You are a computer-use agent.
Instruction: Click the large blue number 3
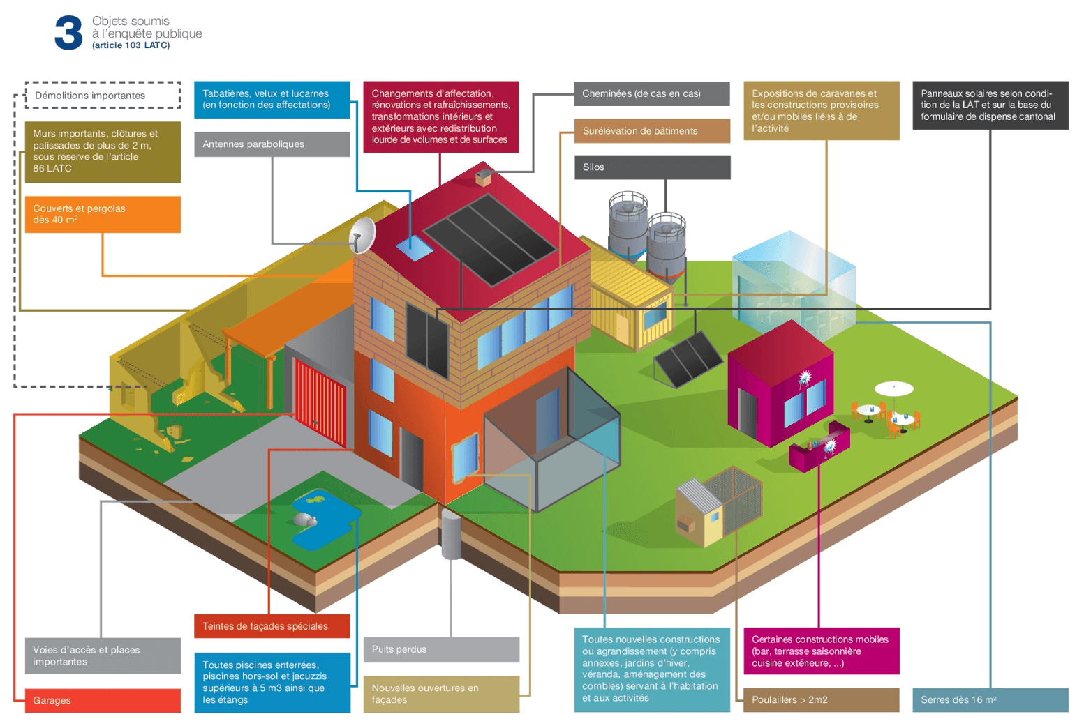[x=68, y=33]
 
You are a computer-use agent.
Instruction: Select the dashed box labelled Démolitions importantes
[x=103, y=96]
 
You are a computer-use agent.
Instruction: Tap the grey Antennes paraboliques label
[x=272, y=144]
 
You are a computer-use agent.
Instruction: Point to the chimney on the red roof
[x=483, y=177]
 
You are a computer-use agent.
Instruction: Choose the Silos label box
[x=652, y=167]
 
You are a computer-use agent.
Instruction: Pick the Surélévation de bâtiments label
[x=652, y=131]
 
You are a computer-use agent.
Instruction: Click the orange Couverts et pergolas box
[x=103, y=214]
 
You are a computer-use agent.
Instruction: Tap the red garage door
[x=320, y=400]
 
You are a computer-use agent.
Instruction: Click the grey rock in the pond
[x=305, y=519]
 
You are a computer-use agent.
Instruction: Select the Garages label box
[x=103, y=700]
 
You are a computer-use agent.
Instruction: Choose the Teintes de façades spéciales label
[x=272, y=626]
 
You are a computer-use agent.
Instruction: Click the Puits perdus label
[x=441, y=649]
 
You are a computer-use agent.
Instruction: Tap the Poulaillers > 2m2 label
[x=821, y=700]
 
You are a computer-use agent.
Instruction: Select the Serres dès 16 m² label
[x=990, y=700]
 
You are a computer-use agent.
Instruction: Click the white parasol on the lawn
[x=894, y=388]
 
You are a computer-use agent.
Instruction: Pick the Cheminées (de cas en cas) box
[x=652, y=93]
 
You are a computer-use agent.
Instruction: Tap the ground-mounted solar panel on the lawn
[x=688, y=358]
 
